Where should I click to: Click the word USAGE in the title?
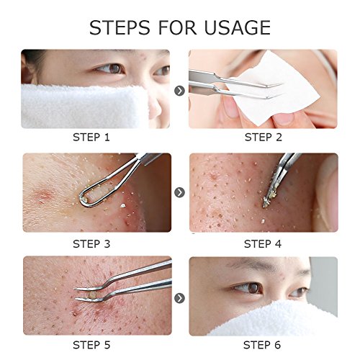coord(238,27)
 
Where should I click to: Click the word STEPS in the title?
coord(120,27)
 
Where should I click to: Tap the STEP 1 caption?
coord(91,138)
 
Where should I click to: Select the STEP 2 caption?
coord(264,138)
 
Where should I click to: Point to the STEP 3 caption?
coord(91,244)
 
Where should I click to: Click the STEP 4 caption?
coord(263,244)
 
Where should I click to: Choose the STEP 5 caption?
coord(91,345)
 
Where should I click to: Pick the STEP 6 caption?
coord(262,345)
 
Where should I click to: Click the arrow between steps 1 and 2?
coord(179,91)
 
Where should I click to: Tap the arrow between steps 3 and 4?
coord(179,192)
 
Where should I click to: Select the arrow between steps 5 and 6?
coord(179,298)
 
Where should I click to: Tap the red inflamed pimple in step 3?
coord(43,195)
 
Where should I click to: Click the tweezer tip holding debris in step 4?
coord(267,201)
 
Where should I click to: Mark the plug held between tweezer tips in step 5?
coord(92,294)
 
